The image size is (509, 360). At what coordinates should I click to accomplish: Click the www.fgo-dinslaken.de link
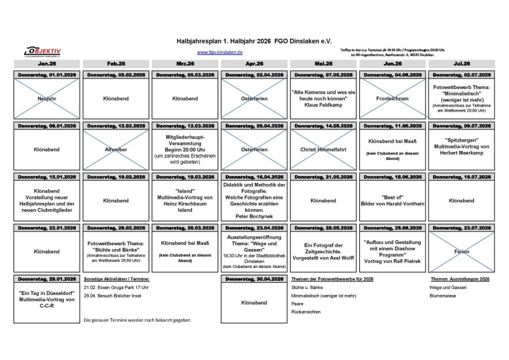pos(220,53)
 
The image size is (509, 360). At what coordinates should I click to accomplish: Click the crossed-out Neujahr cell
pos(47,98)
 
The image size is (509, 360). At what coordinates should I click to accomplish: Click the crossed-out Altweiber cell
pos(117,148)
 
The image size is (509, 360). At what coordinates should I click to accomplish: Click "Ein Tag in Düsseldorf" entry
pos(47,297)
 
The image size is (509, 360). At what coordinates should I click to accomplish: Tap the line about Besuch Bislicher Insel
pos(112,295)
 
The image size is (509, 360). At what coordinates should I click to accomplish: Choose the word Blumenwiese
pos(443,295)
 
